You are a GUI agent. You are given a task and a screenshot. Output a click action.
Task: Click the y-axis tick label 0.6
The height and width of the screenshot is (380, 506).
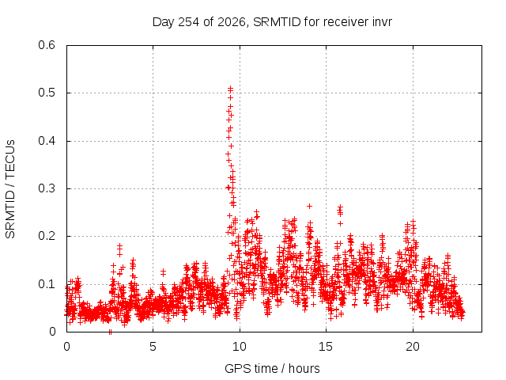tap(47, 45)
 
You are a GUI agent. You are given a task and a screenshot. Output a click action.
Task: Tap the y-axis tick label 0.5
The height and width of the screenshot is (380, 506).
tap(47, 93)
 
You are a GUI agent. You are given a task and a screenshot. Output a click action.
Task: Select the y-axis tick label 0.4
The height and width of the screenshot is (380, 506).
tap(47, 141)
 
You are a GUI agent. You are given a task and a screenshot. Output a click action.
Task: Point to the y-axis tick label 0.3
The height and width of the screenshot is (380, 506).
tap(47, 188)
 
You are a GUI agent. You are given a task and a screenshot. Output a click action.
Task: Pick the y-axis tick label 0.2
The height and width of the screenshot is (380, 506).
tap(47, 236)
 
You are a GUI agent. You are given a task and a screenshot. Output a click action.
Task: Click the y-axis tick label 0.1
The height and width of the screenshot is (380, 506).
tap(47, 284)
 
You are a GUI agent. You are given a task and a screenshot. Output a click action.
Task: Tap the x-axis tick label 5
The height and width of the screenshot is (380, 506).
tap(153, 347)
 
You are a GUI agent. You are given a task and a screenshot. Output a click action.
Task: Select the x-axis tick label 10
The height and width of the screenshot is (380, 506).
tap(240, 347)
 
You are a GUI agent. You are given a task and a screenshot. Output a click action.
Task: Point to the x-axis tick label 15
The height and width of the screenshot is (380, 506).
tap(326, 347)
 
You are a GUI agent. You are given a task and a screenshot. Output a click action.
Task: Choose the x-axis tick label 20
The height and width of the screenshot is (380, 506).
tap(413, 347)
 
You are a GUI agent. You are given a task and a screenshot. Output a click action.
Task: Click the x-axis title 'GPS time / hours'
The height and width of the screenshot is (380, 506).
tap(272, 369)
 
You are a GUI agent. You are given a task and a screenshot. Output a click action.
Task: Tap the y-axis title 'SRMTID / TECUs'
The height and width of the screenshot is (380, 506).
tap(10, 189)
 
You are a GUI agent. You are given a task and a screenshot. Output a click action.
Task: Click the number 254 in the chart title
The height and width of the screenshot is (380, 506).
tap(189, 22)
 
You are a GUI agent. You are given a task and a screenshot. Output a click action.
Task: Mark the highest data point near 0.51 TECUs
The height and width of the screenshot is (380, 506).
tap(230, 88)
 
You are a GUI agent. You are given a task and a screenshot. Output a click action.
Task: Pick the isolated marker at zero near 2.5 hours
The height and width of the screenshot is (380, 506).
tap(111, 332)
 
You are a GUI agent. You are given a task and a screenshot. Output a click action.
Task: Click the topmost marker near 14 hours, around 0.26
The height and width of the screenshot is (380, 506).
tap(309, 206)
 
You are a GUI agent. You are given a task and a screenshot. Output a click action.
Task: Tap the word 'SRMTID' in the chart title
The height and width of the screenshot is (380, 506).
tap(277, 22)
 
